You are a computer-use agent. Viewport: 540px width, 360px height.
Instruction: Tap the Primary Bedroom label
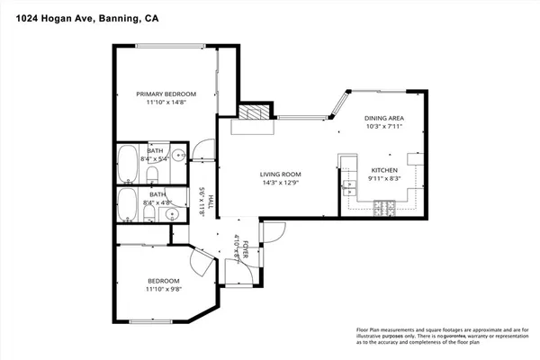pyautogui.click(x=166, y=94)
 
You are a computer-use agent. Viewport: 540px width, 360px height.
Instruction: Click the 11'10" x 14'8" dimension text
pyautogui.click(x=166, y=103)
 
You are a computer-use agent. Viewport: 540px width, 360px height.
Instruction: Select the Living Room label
pyautogui.click(x=280, y=174)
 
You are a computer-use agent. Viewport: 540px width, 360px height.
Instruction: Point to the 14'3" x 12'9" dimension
pyautogui.click(x=280, y=183)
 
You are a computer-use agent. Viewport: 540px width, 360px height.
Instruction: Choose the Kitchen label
pyautogui.click(x=385, y=169)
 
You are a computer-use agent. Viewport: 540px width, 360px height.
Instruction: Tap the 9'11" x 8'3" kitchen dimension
pyautogui.click(x=385, y=178)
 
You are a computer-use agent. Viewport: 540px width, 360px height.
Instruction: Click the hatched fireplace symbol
pyautogui.click(x=253, y=113)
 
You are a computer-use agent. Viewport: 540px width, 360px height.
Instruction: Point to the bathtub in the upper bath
pyautogui.click(x=126, y=164)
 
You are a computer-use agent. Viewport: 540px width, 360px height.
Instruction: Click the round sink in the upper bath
pyautogui.click(x=180, y=156)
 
